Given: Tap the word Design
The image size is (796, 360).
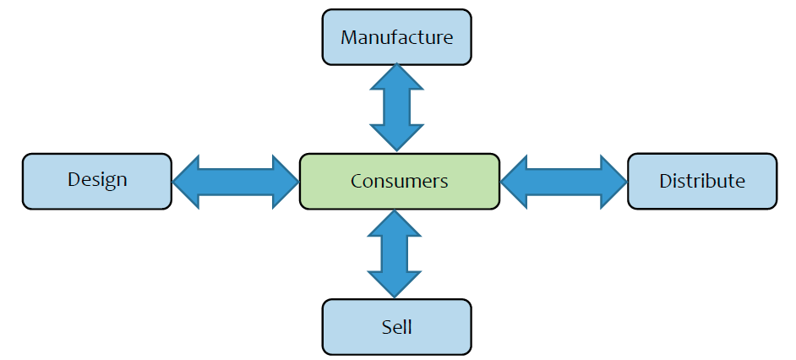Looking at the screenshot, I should pyautogui.click(x=97, y=179).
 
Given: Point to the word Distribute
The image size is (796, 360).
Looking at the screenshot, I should pyautogui.click(x=702, y=181).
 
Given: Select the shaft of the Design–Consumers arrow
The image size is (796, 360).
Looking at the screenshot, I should pyautogui.click(x=236, y=181).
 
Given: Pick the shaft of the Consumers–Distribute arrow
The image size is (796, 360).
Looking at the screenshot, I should pyautogui.click(x=564, y=181).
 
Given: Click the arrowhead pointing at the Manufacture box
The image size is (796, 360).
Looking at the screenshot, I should pyautogui.click(x=396, y=77).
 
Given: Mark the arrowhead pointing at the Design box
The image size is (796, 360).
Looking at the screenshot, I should pyautogui.click(x=187, y=181).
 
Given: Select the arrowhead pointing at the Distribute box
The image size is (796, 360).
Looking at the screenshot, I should pyautogui.click(x=612, y=181).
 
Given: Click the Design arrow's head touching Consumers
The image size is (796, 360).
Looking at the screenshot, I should pyautogui.click(x=286, y=181).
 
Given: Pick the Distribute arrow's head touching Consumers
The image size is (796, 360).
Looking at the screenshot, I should pyautogui.click(x=515, y=181).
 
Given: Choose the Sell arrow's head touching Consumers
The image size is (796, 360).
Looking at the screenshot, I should pyautogui.click(x=395, y=223).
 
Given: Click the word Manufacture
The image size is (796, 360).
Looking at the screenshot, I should pyautogui.click(x=396, y=38).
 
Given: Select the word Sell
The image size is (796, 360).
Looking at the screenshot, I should pyautogui.click(x=396, y=327).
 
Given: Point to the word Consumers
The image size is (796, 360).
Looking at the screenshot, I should pyautogui.click(x=399, y=181).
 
